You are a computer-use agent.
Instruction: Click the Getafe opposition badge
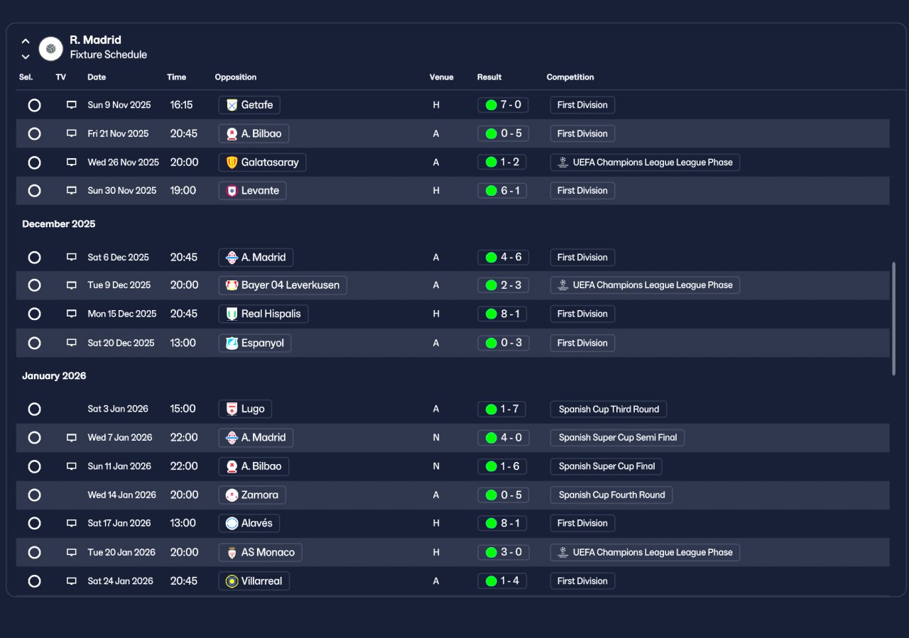point(232,105)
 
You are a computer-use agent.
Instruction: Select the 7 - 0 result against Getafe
point(504,104)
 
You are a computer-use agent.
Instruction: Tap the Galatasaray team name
point(270,163)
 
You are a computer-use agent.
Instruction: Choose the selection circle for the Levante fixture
point(35,191)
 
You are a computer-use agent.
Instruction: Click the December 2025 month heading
point(59,224)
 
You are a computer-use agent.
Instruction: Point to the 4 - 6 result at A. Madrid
point(504,257)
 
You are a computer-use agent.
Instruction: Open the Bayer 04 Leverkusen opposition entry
point(283,285)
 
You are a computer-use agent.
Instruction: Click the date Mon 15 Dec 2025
point(122,314)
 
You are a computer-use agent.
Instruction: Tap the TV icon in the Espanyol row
point(72,343)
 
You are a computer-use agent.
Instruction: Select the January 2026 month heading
point(54,376)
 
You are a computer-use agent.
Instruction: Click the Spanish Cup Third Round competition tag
point(609,409)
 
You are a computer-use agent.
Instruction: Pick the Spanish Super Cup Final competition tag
point(606,466)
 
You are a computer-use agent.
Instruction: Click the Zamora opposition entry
point(252,495)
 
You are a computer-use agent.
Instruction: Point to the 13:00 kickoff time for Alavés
point(183,523)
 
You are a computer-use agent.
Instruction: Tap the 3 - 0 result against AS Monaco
point(504,552)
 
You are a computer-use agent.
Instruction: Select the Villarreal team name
point(262,581)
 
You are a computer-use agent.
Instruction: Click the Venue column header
point(442,77)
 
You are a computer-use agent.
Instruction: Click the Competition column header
point(570,77)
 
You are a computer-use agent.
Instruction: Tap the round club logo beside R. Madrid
point(50,49)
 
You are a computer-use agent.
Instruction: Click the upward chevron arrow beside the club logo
point(26,41)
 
